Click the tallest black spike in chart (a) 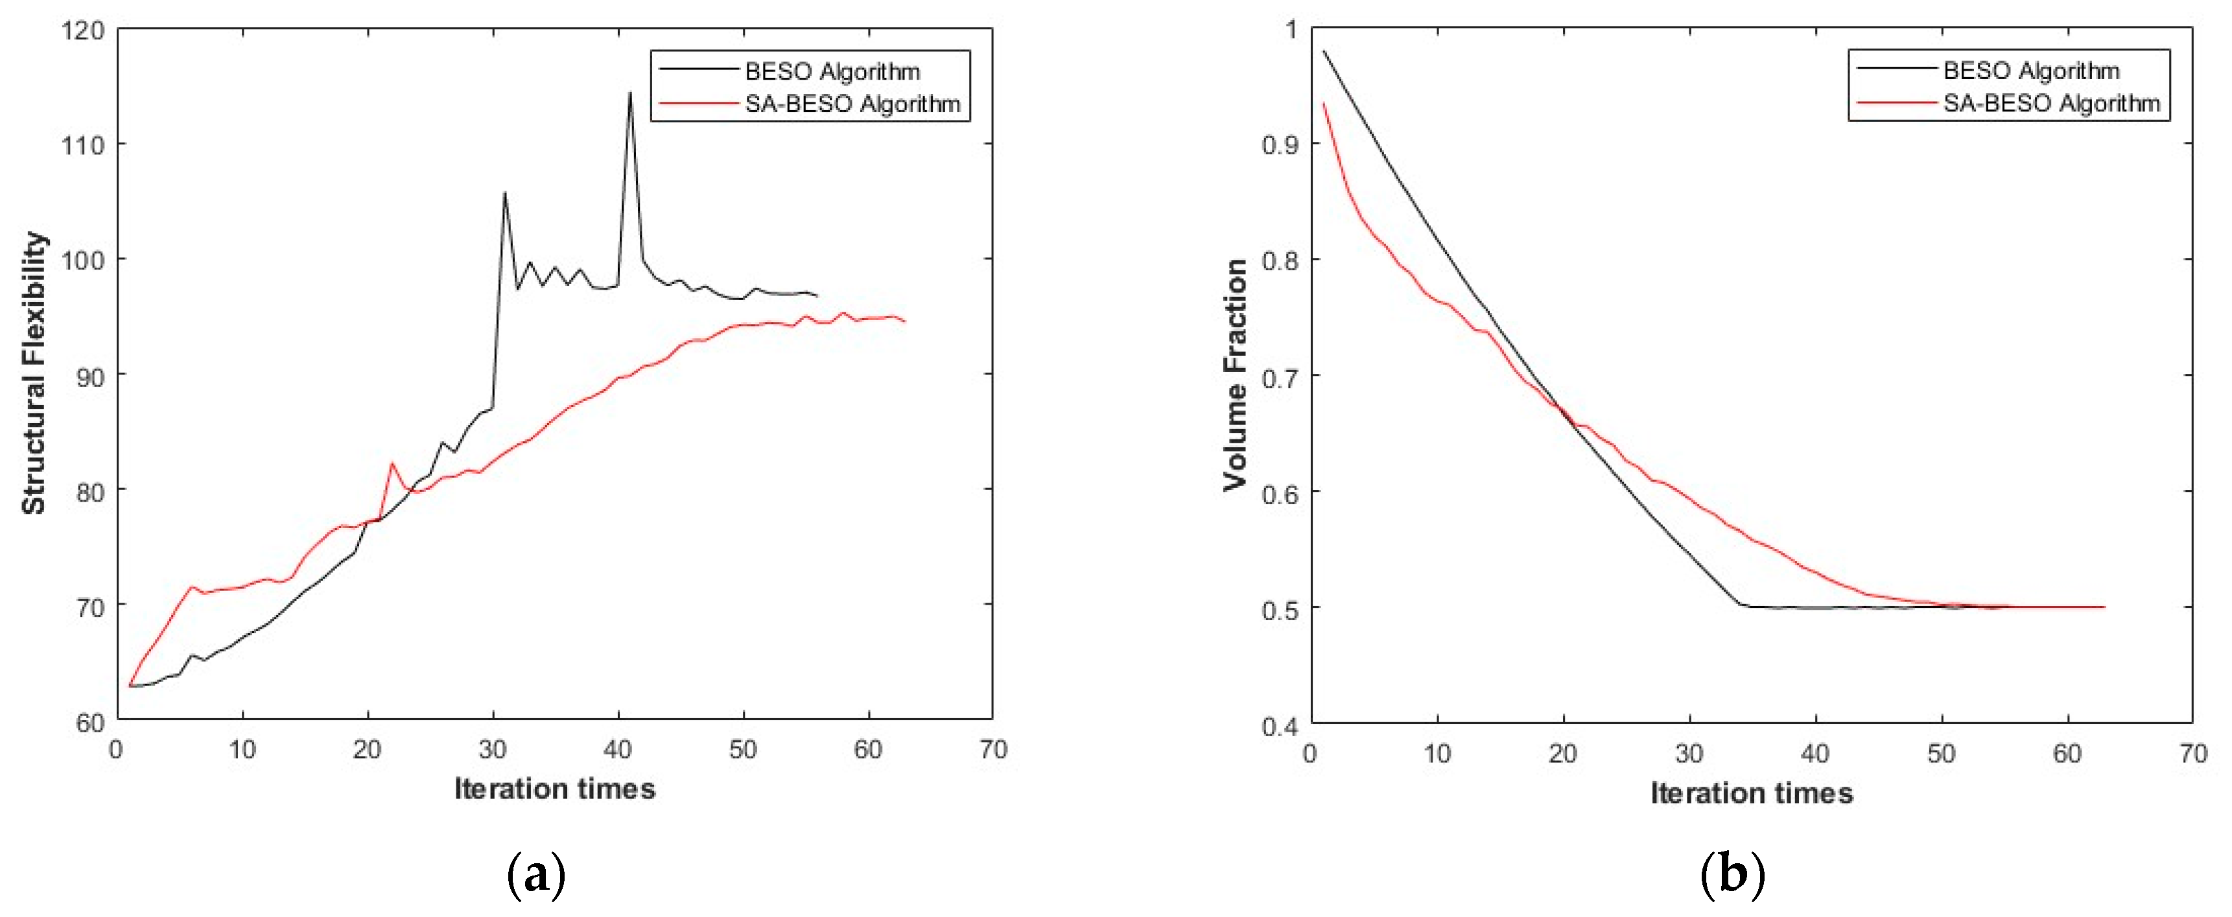(630, 93)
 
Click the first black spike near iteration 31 (504, 194)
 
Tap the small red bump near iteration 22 (392, 463)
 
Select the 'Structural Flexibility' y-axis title (34, 373)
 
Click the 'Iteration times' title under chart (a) (554, 789)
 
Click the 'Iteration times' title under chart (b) (1751, 793)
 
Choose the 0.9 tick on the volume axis (1280, 145)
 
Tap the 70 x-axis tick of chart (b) (2192, 753)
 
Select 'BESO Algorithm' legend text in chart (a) (832, 71)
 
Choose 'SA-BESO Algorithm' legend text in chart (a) (852, 104)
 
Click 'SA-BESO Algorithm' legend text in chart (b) (2051, 103)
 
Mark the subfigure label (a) (535, 876)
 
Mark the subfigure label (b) (1732, 876)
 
